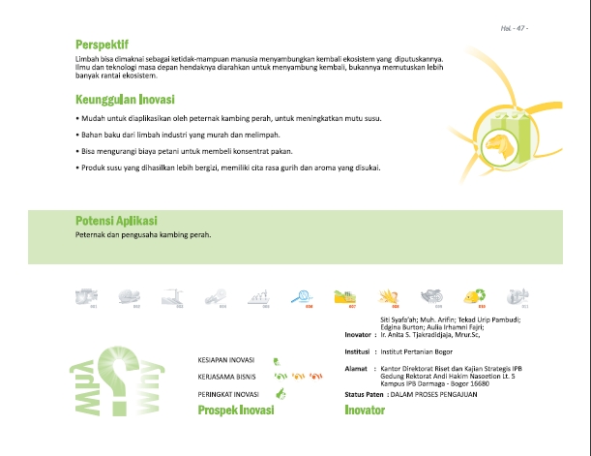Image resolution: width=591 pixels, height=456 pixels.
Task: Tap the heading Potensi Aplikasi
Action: (x=115, y=220)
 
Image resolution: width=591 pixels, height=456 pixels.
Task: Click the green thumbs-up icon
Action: (x=281, y=394)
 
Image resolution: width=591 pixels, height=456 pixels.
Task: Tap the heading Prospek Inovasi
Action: (x=236, y=410)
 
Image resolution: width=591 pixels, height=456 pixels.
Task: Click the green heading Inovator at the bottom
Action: (x=365, y=410)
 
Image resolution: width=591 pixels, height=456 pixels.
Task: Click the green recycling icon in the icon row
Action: (x=474, y=295)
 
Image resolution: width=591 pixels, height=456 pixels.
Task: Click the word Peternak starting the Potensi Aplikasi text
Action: (x=92, y=235)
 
